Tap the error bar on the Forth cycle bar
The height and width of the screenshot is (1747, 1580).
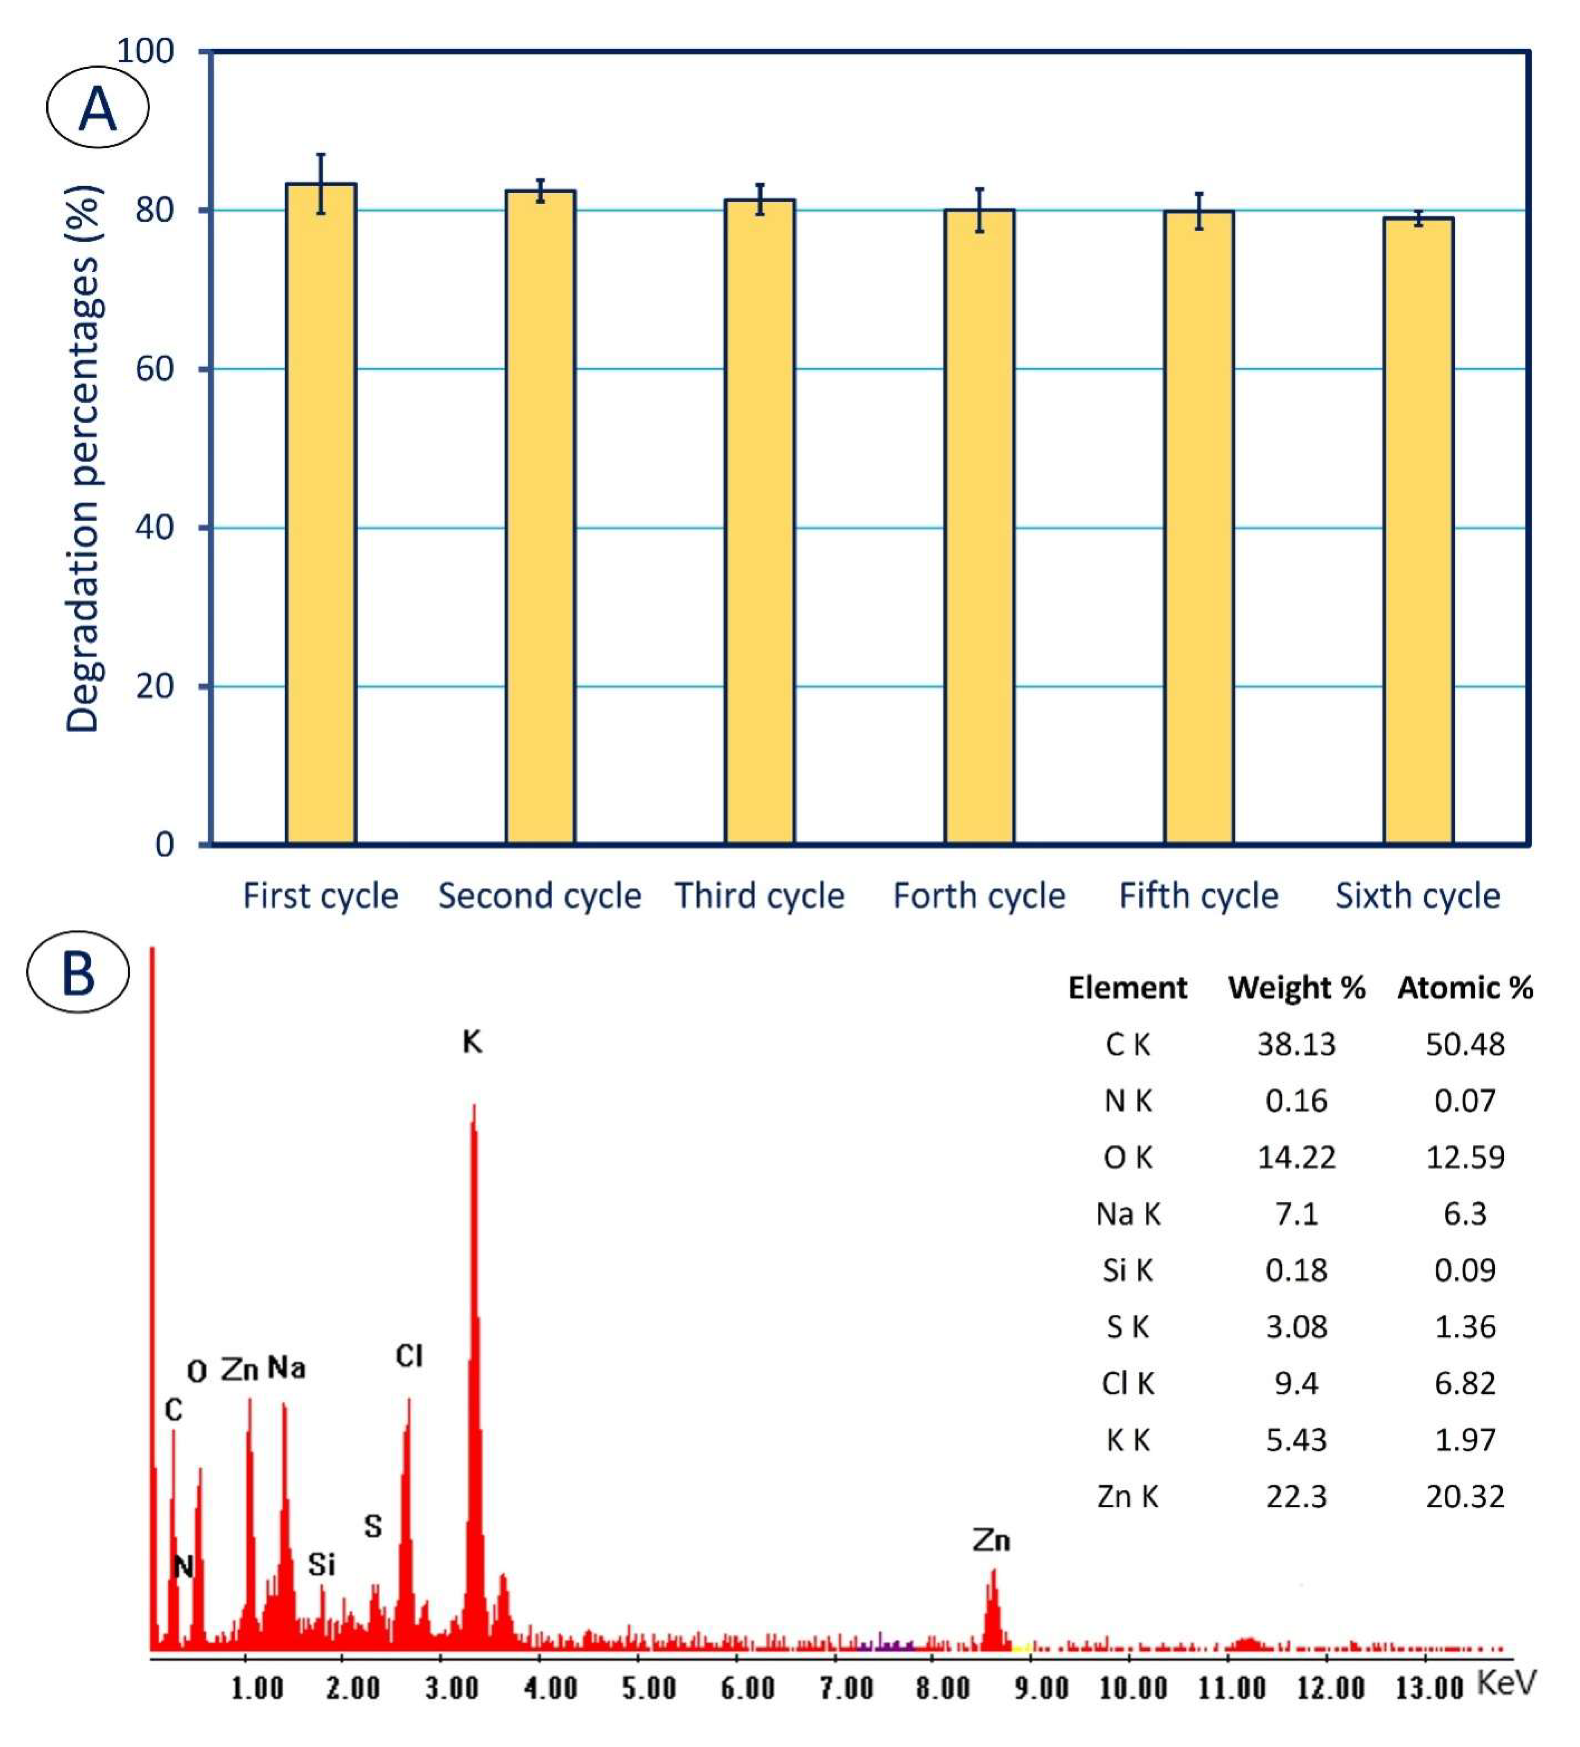[x=980, y=211]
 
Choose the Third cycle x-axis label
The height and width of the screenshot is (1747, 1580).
[x=759, y=895]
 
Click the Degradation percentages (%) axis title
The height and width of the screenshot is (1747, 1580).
[x=84, y=459]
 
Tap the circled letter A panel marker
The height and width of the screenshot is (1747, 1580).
[x=97, y=108]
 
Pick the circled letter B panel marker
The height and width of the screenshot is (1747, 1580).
[x=78, y=972]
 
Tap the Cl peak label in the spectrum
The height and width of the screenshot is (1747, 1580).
[x=409, y=1356]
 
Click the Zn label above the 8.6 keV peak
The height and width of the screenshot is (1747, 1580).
[x=991, y=1540]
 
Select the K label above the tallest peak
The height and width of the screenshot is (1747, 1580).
[x=472, y=1041]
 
